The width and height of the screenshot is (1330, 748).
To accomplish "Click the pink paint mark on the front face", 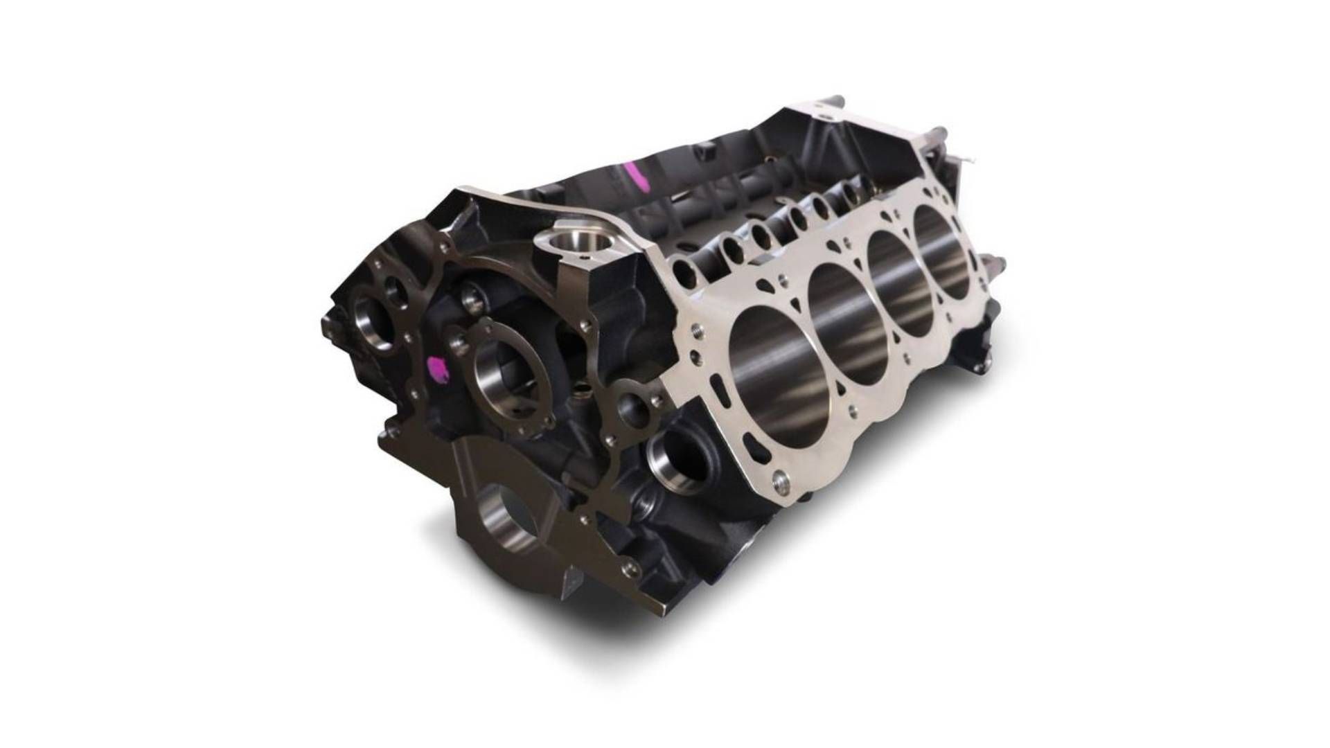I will pos(438,368).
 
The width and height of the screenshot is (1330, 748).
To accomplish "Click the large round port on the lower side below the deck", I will pos(675,454).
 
